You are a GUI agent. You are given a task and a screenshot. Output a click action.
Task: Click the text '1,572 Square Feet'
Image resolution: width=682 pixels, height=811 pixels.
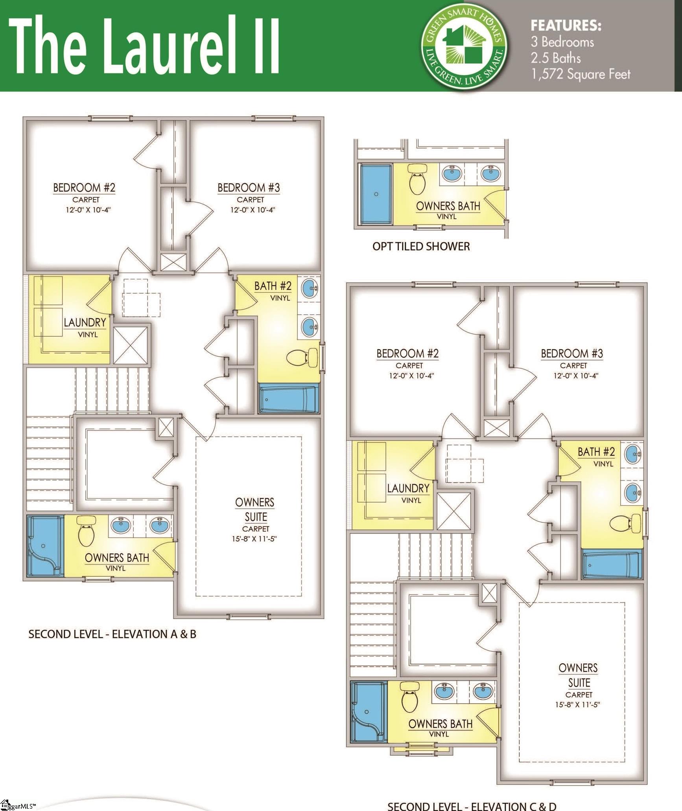[x=581, y=74]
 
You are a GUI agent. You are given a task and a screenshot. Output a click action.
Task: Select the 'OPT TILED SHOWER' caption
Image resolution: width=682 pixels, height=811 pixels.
[x=421, y=247]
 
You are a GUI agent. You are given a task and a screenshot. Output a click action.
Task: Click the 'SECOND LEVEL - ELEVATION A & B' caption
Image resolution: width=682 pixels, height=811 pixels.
[x=112, y=634]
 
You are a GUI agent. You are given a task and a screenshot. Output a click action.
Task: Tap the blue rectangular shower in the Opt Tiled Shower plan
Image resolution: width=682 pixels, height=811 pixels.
[x=376, y=194]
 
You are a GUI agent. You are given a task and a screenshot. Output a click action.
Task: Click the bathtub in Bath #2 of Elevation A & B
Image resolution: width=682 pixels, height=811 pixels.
[x=288, y=399]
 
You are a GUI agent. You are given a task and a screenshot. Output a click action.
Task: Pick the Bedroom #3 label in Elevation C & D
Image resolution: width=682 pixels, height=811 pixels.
[x=571, y=354]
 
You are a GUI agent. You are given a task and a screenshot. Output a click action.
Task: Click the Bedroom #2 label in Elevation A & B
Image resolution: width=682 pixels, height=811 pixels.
[x=84, y=188]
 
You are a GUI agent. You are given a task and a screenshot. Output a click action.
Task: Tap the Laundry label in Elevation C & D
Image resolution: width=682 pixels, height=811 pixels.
[x=408, y=488]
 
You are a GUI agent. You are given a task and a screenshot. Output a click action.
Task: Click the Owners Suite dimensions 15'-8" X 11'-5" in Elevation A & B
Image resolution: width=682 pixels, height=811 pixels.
[x=254, y=538]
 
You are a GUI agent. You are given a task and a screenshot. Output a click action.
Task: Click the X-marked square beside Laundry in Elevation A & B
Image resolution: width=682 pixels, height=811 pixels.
[x=131, y=345]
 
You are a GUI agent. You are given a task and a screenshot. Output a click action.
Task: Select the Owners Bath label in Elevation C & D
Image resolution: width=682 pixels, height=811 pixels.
[x=440, y=724]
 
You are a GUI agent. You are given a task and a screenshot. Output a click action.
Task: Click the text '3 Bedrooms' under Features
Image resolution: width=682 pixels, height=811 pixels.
[x=562, y=42]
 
